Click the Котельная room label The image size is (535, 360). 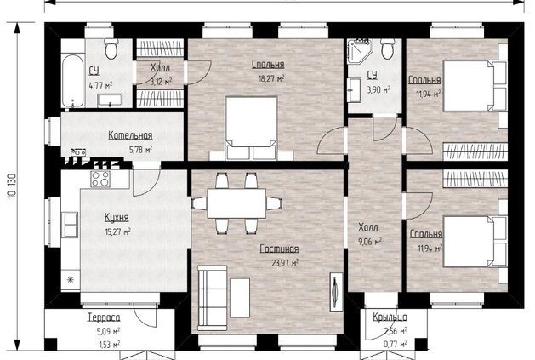tap(130, 135)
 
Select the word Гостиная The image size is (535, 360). tap(280, 249)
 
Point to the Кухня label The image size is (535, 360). tap(117, 218)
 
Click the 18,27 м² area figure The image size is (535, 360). tap(271, 78)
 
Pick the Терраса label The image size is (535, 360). tap(104, 317)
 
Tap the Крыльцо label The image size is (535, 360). tap(390, 317)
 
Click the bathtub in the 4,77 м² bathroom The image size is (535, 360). tap(72, 80)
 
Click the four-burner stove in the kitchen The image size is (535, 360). tap(100, 179)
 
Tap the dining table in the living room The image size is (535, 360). tap(236, 203)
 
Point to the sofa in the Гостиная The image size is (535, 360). tap(213, 298)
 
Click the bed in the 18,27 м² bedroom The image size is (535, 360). tap(251, 128)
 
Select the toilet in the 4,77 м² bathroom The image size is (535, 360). tap(111, 49)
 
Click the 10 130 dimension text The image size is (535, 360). tap(12, 186)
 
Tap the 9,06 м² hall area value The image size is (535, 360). tap(370, 242)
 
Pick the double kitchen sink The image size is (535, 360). tap(70, 225)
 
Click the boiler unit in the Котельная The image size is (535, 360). tap(78, 152)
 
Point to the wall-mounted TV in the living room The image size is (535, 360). tap(337, 292)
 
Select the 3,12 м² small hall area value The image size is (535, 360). tap(161, 82)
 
